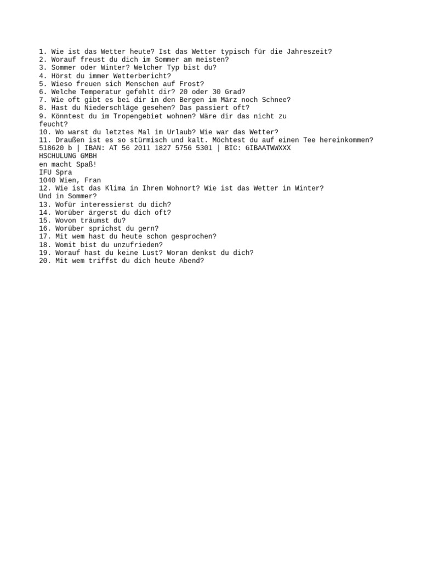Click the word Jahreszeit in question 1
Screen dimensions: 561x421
pos(309,51)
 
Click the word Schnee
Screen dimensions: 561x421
pos(276,100)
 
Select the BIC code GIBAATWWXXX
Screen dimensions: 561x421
pos(268,148)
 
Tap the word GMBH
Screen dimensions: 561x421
pos(88,156)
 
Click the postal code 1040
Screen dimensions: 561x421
pos(47,180)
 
